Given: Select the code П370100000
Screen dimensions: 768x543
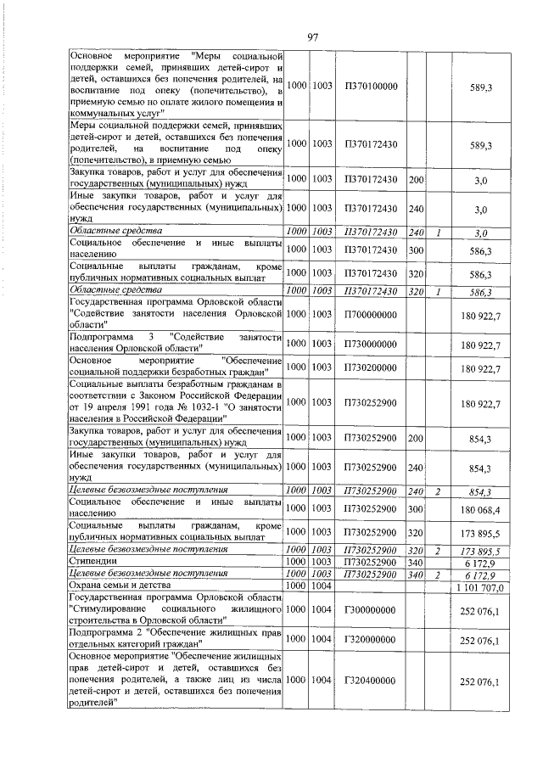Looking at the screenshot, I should [371, 87].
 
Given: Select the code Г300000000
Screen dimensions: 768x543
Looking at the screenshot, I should [371, 610].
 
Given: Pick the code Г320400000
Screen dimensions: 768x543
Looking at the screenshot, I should [371, 681].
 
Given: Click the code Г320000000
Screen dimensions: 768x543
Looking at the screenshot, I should [371, 641].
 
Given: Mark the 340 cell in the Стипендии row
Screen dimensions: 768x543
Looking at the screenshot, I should [415, 563].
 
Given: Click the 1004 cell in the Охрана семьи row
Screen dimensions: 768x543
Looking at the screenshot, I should [322, 586].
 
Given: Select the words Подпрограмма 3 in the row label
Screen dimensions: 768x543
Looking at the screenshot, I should [104, 337].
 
